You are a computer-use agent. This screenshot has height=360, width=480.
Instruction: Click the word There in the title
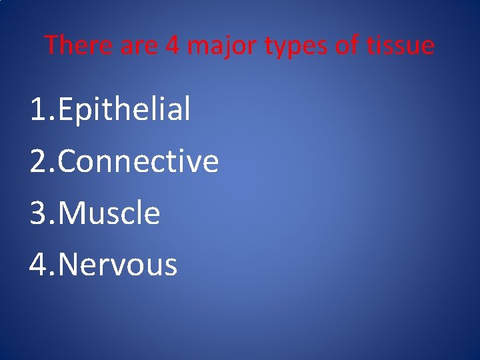(73, 45)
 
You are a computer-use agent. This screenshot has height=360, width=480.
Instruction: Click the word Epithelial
(125, 109)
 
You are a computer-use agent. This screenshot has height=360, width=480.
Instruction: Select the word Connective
(139, 161)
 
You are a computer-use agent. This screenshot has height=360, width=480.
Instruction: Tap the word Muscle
(109, 213)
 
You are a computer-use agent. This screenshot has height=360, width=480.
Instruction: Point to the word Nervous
(118, 265)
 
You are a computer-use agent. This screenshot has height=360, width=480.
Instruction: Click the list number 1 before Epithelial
(38, 109)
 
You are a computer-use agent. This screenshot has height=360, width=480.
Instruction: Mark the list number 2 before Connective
(38, 161)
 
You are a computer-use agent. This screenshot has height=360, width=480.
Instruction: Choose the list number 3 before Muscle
(38, 213)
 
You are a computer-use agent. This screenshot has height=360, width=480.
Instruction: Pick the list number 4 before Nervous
(38, 265)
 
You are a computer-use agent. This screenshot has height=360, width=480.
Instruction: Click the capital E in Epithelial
(67, 109)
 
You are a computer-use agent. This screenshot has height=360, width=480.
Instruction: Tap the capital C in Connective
(69, 161)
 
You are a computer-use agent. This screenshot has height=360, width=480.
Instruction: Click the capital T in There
(51, 45)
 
